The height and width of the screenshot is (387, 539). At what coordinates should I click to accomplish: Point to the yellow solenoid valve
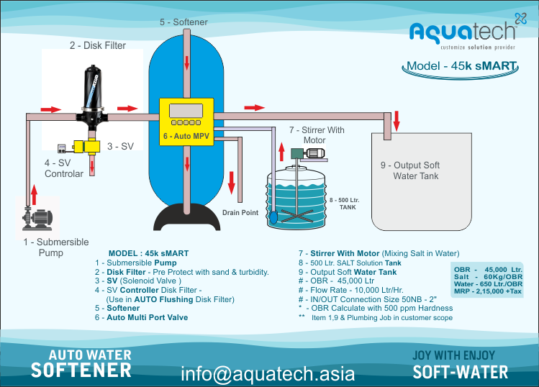89,146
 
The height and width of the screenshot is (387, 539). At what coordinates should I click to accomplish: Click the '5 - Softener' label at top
184,22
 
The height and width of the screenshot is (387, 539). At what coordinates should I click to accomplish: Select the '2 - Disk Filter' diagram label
97,45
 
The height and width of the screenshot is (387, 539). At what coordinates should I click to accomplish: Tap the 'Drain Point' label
240,213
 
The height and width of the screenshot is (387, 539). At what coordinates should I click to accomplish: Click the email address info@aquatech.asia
268,373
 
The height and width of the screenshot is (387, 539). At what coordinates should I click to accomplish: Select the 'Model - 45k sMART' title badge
461,66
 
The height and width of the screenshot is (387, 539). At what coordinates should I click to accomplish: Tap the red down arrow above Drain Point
231,186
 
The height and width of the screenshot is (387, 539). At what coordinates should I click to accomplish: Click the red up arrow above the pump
32,193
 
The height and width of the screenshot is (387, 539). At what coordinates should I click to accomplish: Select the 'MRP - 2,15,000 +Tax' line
488,291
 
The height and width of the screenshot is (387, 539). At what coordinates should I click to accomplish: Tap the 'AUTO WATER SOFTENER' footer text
81,364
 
